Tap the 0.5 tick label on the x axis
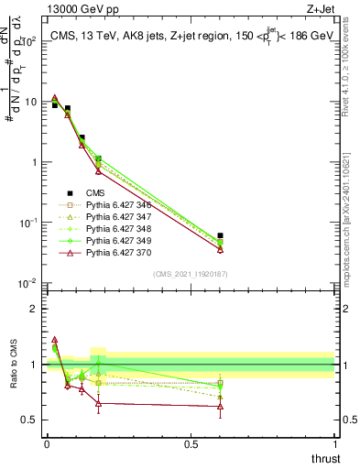191,445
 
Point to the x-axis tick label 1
334,445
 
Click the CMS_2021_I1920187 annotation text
190,273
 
